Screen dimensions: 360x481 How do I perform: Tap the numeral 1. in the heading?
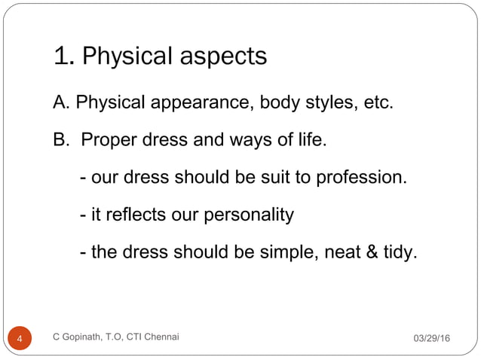pyautogui.click(x=63, y=56)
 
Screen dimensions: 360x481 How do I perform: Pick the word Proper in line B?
pyautogui.click(x=108, y=140)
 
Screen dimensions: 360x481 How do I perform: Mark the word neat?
pyautogui.click(x=343, y=253)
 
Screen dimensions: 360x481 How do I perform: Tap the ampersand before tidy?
pyautogui.click(x=372, y=253)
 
